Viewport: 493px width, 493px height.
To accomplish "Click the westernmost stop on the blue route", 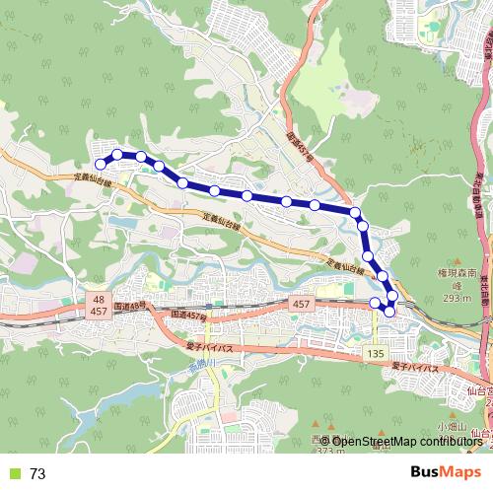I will point(99,164).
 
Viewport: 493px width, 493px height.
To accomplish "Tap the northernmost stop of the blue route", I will point(117,154).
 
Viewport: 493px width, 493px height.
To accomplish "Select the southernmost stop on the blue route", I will point(388,312).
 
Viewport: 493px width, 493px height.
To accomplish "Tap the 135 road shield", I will point(376,352).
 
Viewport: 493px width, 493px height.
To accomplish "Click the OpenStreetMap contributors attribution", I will point(394,441).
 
